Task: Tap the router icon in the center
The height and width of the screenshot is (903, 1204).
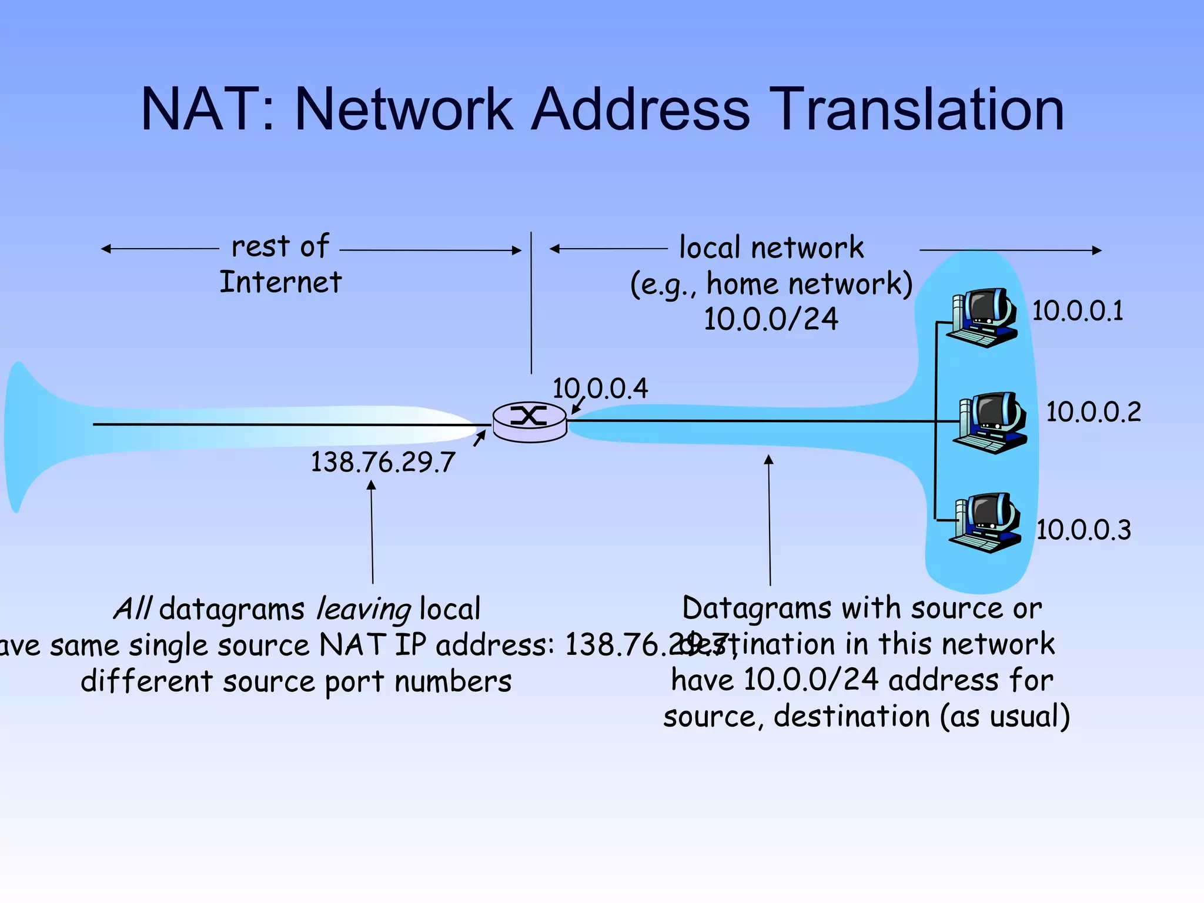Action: click(530, 421)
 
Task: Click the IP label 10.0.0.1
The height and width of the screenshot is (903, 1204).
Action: click(1077, 311)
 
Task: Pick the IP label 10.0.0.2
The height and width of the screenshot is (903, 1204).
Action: click(1093, 412)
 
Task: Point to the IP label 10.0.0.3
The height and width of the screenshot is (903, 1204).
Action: click(1083, 530)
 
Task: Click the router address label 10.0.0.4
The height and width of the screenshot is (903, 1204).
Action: click(600, 389)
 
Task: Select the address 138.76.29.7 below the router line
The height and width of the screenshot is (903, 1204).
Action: click(383, 462)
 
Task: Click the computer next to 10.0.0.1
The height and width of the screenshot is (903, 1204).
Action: click(982, 318)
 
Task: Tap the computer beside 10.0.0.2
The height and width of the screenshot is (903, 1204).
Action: click(991, 423)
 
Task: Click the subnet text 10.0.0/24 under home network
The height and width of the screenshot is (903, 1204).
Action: click(771, 319)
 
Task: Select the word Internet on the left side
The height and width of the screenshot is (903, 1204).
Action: click(280, 282)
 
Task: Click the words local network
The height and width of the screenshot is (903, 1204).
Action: click(771, 248)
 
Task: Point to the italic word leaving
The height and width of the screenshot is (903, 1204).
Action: click(363, 609)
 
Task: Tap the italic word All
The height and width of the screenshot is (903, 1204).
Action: click(133, 608)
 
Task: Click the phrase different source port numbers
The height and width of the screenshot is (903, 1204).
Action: click(296, 682)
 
